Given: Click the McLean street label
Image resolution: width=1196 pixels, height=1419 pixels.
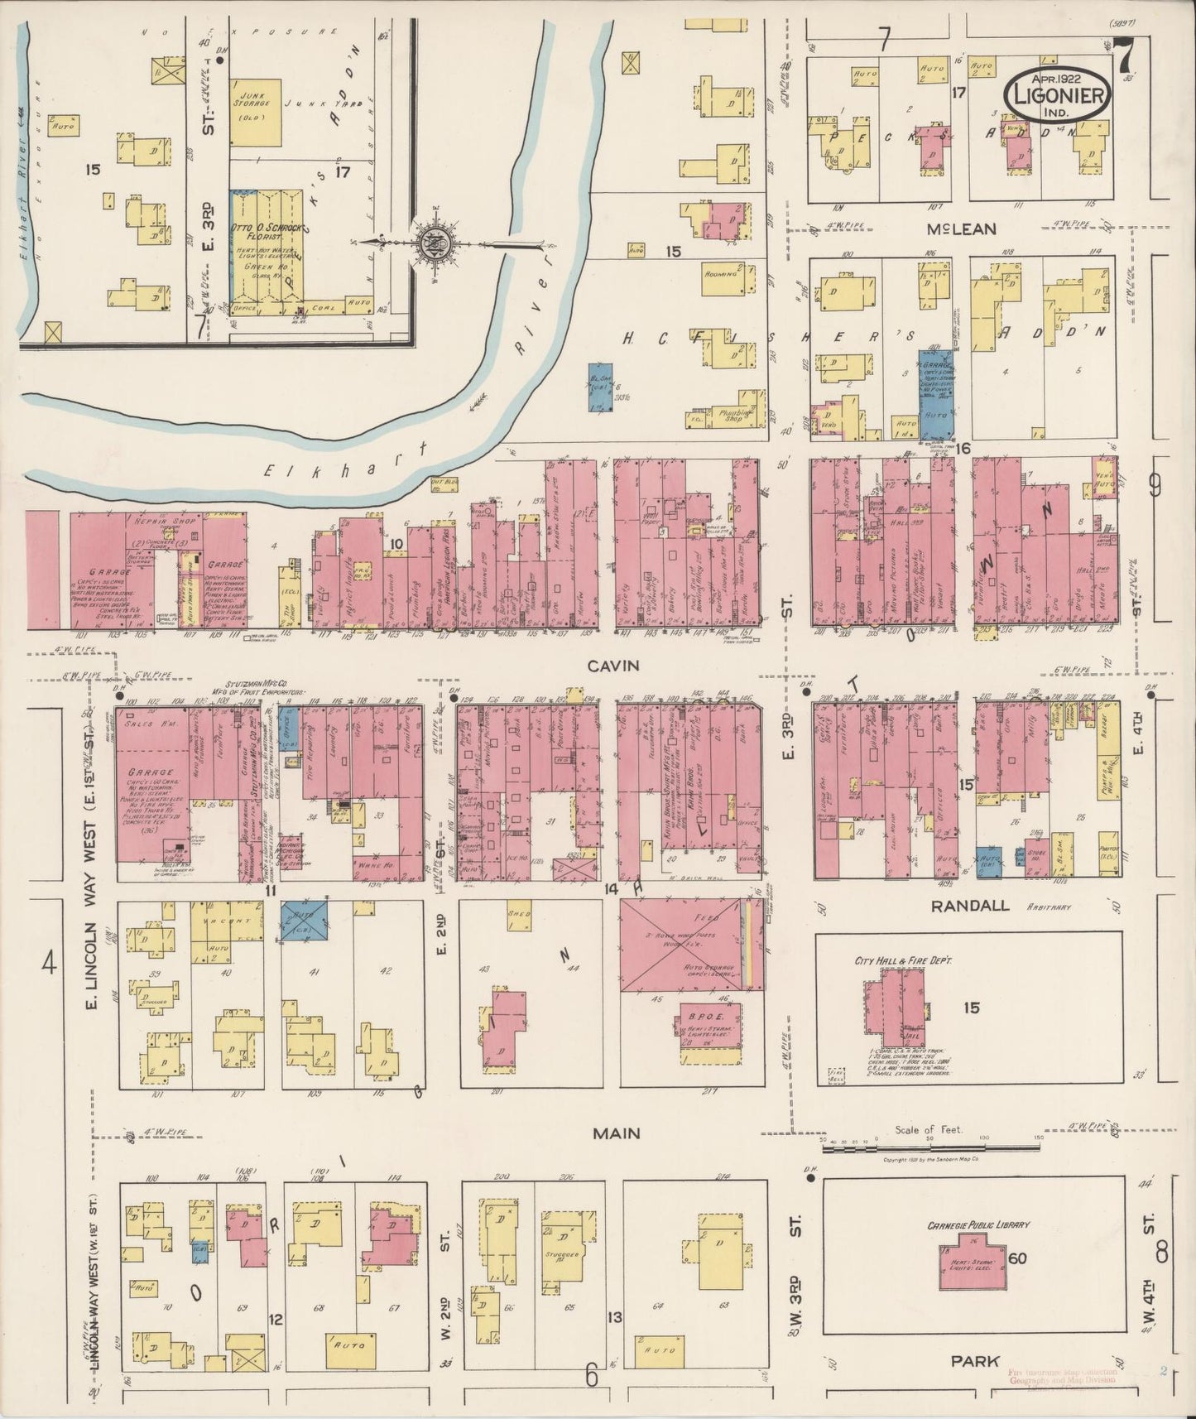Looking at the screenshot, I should click(x=962, y=228).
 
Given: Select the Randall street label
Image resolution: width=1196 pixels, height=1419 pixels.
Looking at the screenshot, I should click(x=969, y=905).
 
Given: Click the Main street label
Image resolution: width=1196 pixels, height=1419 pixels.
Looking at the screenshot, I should click(x=616, y=1133).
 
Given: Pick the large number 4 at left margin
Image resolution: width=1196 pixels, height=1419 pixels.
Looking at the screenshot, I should click(x=50, y=964).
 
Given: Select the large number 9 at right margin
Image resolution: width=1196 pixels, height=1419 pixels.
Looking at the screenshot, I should click(x=1155, y=486).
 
